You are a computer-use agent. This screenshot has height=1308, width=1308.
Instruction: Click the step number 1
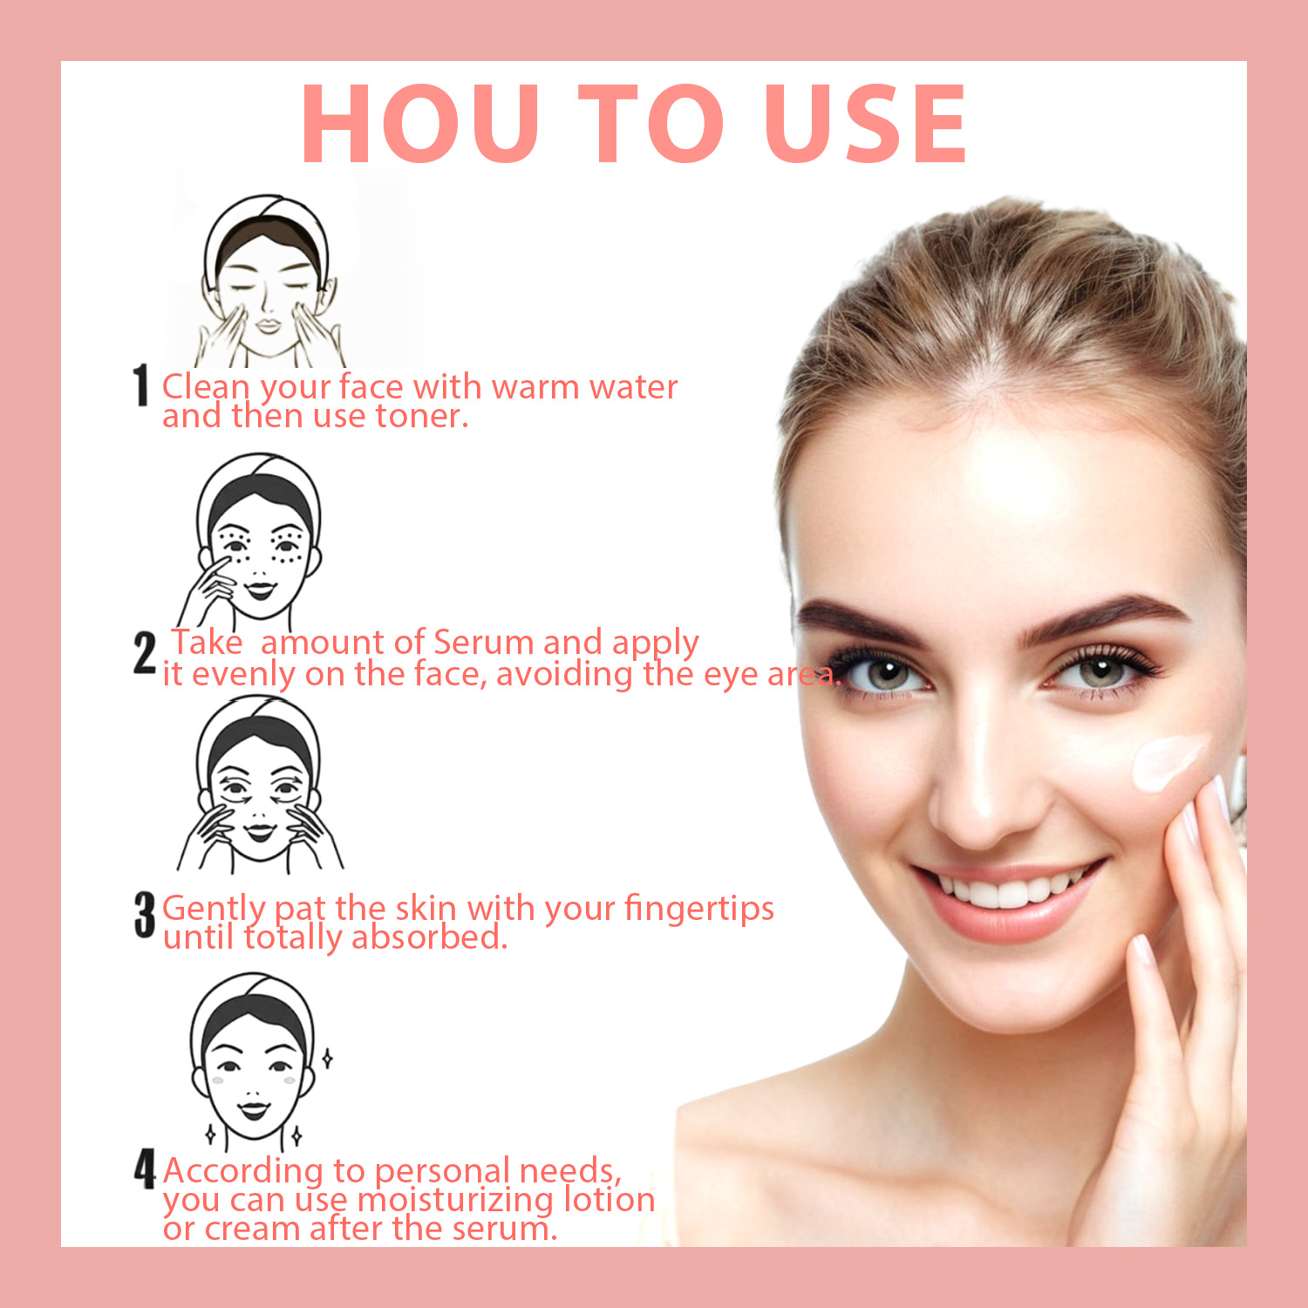pos(141,386)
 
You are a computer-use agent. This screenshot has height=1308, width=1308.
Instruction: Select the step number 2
pos(145,654)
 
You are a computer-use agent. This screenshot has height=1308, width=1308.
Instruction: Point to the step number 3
pos(145,915)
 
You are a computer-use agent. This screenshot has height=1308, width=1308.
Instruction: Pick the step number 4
pos(145,1169)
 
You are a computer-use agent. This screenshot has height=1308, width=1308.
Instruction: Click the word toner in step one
pos(422,417)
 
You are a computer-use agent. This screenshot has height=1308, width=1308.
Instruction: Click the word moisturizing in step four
pos(456,1201)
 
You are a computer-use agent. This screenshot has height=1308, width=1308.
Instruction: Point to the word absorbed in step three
pos(429,937)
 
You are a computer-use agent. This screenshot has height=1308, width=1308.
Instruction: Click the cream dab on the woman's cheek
pos(1169,761)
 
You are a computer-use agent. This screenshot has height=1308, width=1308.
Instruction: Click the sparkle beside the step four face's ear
pos(327,1059)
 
